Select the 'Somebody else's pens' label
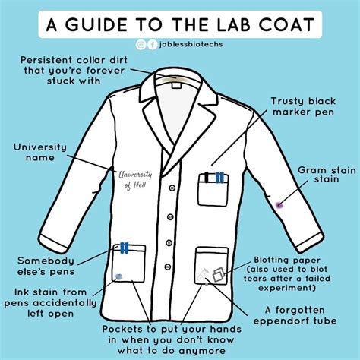pyautogui.click(x=46, y=267)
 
